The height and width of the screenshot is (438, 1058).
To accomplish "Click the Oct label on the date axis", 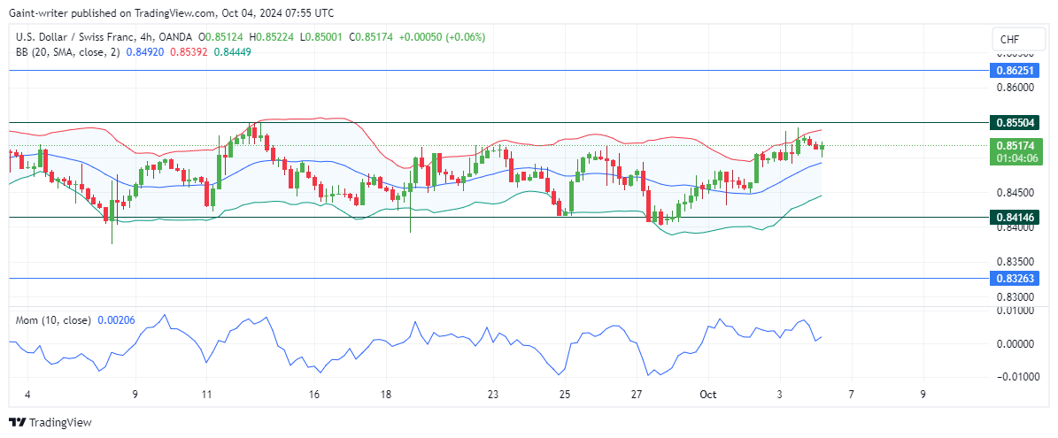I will click(x=708, y=395).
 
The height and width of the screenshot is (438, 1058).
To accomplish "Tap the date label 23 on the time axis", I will click(x=493, y=395).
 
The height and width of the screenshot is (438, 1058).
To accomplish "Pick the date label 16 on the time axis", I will click(x=314, y=395).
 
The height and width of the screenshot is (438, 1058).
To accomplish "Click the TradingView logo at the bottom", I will click(x=50, y=423).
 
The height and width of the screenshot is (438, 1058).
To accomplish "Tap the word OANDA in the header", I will click(x=174, y=36).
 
